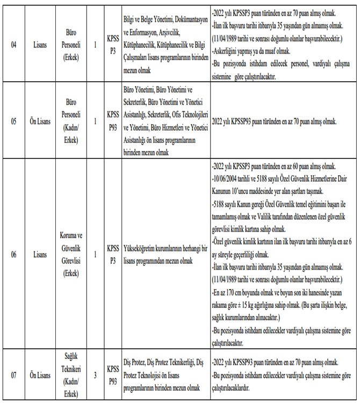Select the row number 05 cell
(14, 121)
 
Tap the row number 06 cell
(14, 254)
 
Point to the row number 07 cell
(14, 375)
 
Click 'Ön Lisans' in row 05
(40, 121)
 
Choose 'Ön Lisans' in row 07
(40, 375)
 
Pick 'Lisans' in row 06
(40, 254)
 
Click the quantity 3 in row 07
(95, 375)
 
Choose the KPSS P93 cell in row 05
(113, 121)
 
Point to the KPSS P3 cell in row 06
(113, 254)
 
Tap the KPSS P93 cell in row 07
(113, 375)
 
